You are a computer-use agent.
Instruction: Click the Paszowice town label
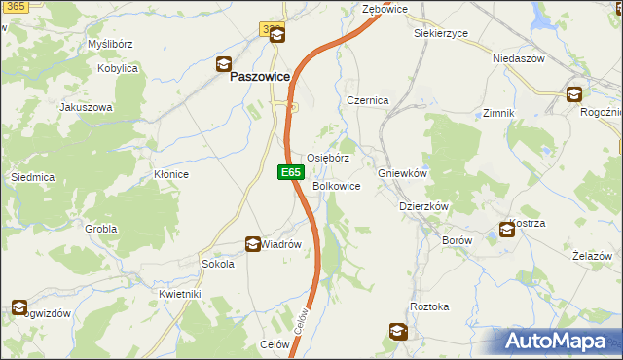click(x=262, y=85)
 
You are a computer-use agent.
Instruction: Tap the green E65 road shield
click(x=289, y=172)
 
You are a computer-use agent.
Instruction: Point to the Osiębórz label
click(x=328, y=158)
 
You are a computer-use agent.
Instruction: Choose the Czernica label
click(x=368, y=100)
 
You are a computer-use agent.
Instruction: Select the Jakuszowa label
click(x=87, y=107)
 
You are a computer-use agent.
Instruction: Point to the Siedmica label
click(x=31, y=177)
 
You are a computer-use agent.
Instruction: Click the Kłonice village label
click(x=170, y=174)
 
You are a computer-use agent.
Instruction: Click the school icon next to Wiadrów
click(x=252, y=244)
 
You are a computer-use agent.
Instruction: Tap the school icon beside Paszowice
click(x=223, y=65)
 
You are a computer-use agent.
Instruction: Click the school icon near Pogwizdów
click(x=18, y=308)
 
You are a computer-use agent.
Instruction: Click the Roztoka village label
click(x=429, y=306)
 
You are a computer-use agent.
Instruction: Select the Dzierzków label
click(x=423, y=206)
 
